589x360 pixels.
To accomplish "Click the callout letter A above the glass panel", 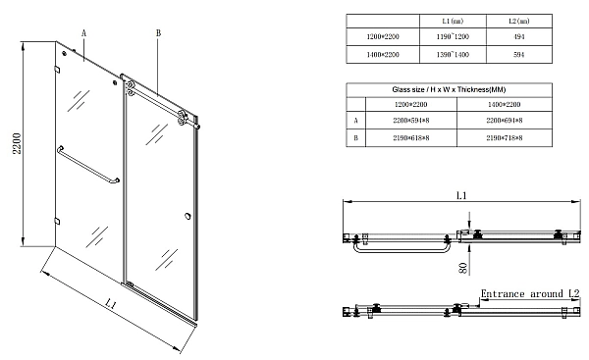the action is pos(83,33).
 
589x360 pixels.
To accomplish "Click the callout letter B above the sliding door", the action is pos(158,33).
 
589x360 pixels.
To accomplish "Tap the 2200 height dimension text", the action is pos(18,143).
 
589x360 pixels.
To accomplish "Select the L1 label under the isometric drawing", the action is pos(110,304).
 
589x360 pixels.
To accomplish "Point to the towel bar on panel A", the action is pos(88,165).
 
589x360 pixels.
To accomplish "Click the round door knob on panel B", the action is pos(187,216).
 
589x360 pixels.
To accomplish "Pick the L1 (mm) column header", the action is pos(453,21).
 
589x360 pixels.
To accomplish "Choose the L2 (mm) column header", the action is pos(519,21).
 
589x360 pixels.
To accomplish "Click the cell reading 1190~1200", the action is pos(453,37).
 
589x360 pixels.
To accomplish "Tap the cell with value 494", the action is pos(518,37).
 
